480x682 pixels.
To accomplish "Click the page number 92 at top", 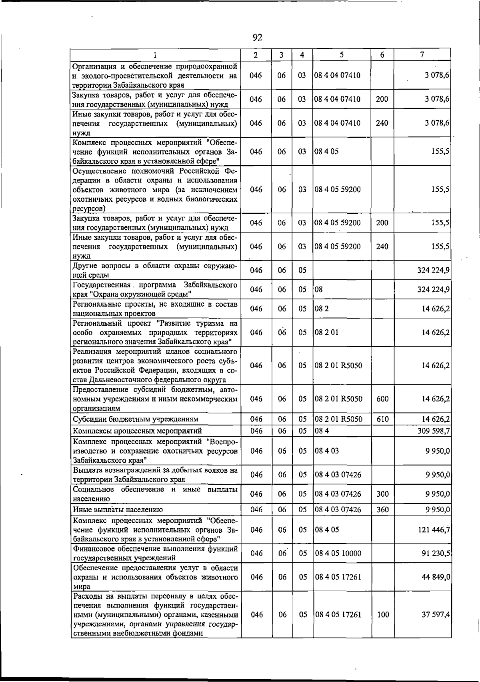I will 257,38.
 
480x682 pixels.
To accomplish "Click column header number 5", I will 342,55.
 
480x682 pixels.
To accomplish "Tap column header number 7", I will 422,55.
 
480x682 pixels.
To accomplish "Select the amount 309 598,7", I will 434,431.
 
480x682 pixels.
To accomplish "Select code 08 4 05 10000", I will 338,553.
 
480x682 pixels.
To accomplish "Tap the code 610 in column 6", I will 382,419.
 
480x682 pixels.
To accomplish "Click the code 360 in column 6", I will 382,509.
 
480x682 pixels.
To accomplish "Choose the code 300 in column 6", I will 382,494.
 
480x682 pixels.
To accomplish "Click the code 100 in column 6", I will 383,614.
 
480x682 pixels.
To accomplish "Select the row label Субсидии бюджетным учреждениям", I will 136,419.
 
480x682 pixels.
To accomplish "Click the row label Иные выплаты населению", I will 118,509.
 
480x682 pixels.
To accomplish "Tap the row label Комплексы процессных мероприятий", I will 137,431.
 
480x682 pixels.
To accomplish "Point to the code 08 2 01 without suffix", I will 326,332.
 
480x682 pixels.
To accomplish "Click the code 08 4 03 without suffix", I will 327,451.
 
